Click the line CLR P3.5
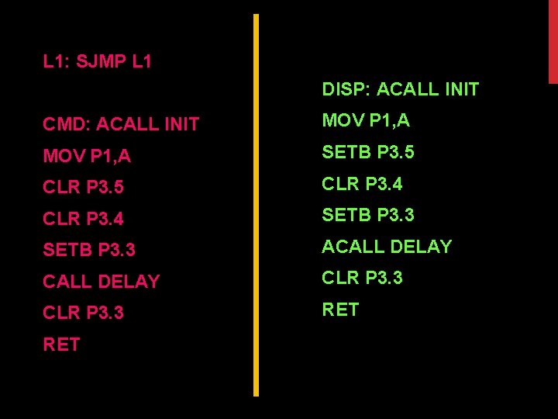coord(83,188)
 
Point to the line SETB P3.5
coord(368,152)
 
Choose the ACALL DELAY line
coord(387,247)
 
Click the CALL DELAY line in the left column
coord(102,282)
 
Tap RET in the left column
coord(61,345)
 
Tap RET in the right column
coord(340,310)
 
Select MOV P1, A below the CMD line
coord(87,156)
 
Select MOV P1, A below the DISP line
coord(366,121)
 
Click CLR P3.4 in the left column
coord(83,220)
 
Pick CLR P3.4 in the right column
coord(362,184)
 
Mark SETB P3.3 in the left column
coord(89,250)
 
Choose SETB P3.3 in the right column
coord(368,215)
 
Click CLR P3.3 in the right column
coord(362,278)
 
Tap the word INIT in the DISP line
coord(462,89)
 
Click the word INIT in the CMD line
coord(182,124)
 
